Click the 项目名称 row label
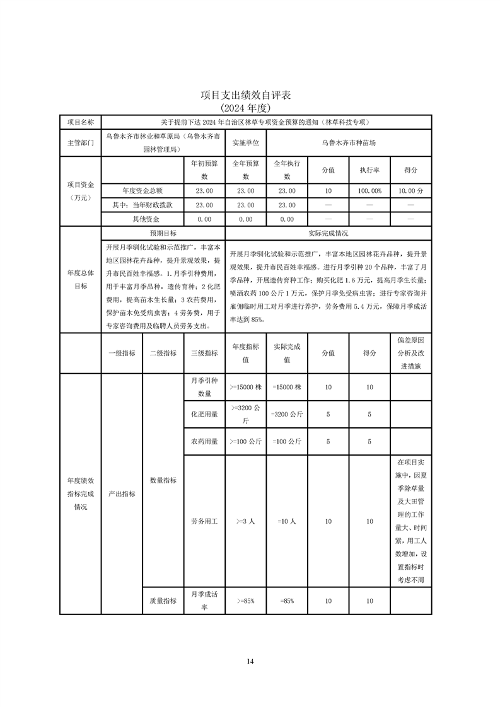tap(80, 122)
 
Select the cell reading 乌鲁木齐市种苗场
tap(349, 143)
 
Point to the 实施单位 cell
tap(246, 143)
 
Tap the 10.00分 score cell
tap(411, 190)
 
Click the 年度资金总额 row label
tap(142, 190)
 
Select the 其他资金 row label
tap(142, 219)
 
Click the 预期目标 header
tap(162, 233)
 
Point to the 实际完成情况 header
tap(328, 233)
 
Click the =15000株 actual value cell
tap(287, 387)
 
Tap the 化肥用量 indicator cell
tap(204, 414)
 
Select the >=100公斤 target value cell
tap(245, 441)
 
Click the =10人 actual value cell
tap(287, 522)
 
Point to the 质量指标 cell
tap(163, 601)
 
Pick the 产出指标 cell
tap(121, 494)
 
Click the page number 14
tap(250, 661)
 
